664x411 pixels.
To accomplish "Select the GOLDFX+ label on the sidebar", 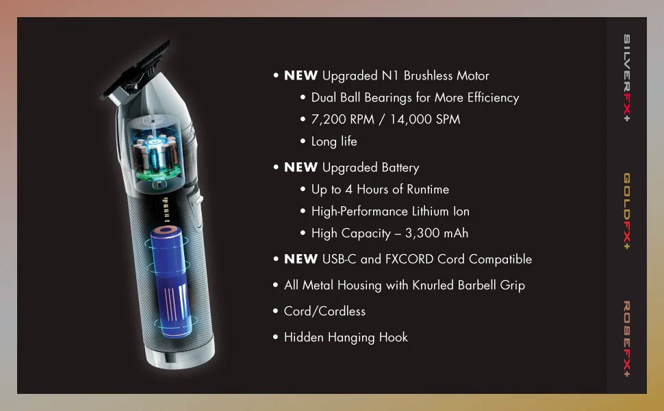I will pos(627,211).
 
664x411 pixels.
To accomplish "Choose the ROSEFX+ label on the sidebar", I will pos(627,338).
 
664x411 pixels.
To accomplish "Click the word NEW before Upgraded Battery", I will pos(301,167).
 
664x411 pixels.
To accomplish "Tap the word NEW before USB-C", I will pos(301,259).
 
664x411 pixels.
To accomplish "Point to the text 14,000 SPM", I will pos(425,119).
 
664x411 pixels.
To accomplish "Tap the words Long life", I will pos(334,141).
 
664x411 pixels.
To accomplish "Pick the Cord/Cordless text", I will pos(324,311).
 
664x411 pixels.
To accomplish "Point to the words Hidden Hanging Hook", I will pos(346,337).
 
